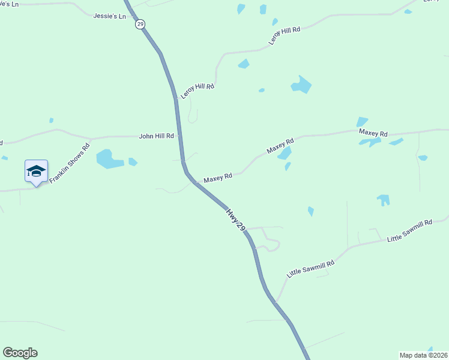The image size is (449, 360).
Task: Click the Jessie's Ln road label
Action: [110, 16]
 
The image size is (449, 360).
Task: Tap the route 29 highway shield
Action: [140, 24]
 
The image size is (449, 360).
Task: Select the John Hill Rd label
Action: [156, 136]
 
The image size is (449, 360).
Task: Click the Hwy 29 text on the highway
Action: [236, 220]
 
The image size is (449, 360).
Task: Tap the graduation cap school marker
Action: [36, 171]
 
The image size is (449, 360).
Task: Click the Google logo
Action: [20, 353]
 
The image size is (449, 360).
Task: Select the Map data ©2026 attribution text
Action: [423, 355]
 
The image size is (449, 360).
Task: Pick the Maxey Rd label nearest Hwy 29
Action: [217, 178]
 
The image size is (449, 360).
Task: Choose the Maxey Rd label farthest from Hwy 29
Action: [373, 132]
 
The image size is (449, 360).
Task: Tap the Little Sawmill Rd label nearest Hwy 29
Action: [310, 264]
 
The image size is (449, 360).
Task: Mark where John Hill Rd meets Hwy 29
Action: [179, 136]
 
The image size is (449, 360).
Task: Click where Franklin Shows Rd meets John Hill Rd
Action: [90, 139]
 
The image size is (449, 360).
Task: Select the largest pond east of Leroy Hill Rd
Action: [301, 85]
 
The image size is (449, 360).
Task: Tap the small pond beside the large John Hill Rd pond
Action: [133, 161]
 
